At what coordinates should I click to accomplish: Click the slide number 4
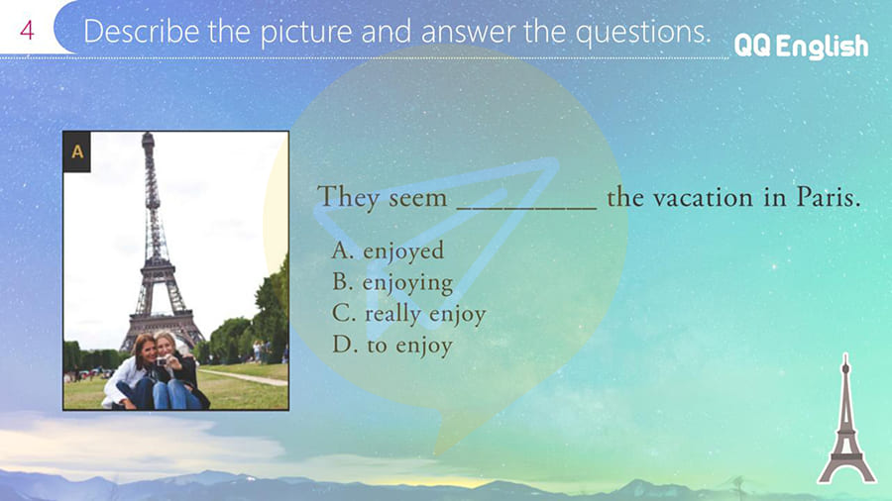point(27,30)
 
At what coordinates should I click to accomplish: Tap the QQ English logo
point(801,46)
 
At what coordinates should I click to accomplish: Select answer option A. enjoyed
point(388,251)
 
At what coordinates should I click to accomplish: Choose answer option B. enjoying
point(392,282)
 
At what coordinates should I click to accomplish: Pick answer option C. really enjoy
point(409,314)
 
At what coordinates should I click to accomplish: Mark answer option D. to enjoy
point(392,345)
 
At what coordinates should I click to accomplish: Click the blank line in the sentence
point(527,209)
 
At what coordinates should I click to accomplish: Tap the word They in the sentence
point(348,198)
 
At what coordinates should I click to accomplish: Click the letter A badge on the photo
point(77,151)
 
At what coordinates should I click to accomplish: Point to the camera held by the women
point(163,361)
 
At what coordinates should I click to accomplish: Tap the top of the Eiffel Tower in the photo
point(148,136)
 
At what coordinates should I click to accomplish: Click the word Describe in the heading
point(142,32)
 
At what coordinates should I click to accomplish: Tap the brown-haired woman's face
point(147,350)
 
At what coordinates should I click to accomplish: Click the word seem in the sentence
point(418,199)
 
